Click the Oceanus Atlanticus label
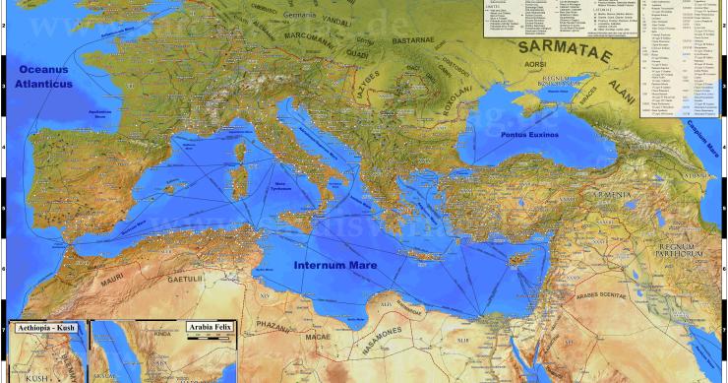(45, 77)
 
